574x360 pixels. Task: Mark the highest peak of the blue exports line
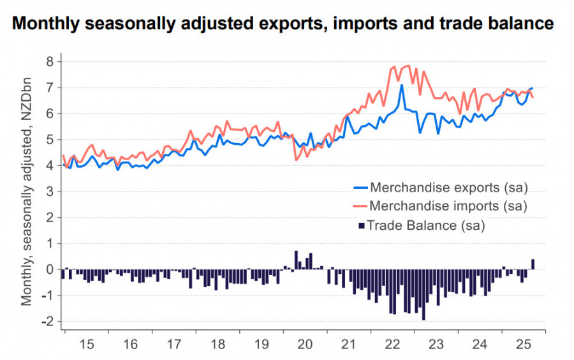pyautogui.click(x=401, y=86)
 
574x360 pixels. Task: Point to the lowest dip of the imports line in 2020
pyautogui.click(x=296, y=160)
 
